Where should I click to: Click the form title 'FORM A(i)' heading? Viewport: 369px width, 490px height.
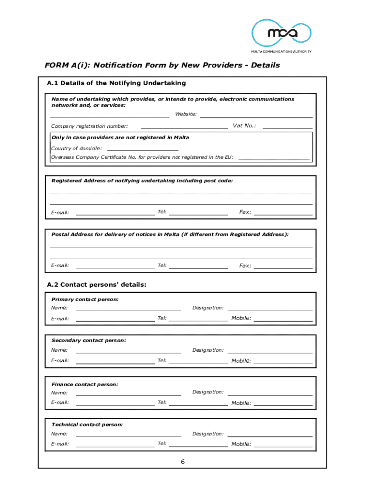[162, 65]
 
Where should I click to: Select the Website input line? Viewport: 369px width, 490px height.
[256, 117]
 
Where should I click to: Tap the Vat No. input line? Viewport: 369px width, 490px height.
[288, 128]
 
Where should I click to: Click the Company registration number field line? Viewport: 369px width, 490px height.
[184, 128]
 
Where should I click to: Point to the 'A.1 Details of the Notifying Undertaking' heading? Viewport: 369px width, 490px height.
[116, 83]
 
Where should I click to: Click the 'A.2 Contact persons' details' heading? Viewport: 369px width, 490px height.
[97, 285]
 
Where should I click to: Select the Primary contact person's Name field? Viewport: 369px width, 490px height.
[128, 310]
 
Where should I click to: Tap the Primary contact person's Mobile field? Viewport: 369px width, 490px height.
[283, 320]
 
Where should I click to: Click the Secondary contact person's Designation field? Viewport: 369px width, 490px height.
[270, 353]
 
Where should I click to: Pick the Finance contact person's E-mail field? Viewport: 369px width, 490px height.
[115, 405]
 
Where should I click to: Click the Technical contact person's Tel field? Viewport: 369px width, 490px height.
[198, 446]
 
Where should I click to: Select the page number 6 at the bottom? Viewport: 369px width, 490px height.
[183, 462]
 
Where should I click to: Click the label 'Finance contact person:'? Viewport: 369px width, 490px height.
[85, 384]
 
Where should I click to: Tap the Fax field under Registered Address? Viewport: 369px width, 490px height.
[283, 214]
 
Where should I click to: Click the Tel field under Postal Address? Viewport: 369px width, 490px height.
[198, 267]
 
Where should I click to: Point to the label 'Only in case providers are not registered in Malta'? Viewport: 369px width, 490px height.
[120, 137]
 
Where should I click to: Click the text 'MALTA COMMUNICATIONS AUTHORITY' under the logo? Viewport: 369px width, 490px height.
[281, 52]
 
